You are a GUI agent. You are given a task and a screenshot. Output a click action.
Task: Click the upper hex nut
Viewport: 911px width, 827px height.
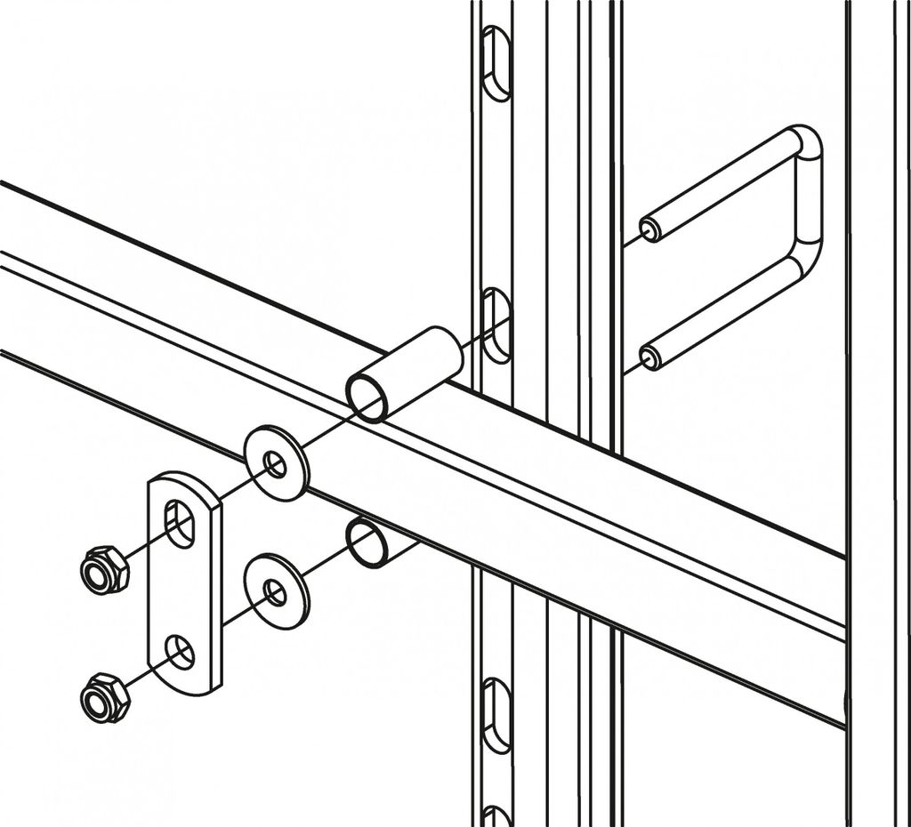(x=105, y=569)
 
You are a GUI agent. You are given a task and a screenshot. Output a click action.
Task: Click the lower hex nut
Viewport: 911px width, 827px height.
(x=105, y=698)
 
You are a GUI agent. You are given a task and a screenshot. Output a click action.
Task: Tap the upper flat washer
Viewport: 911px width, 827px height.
(x=276, y=462)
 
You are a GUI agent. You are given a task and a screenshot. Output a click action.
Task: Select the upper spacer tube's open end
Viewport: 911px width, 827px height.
(x=367, y=397)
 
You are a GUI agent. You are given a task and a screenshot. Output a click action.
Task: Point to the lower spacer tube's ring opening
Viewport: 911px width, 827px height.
(x=366, y=542)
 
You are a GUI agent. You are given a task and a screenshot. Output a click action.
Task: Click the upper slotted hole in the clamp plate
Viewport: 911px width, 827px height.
(x=181, y=523)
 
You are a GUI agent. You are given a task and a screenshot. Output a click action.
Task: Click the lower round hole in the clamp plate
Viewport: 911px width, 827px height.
(x=181, y=652)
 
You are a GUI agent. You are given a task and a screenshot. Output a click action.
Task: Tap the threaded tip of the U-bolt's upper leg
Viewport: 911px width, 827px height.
(x=650, y=229)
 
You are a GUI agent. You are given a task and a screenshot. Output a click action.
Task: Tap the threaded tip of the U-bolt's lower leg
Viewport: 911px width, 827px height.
(x=650, y=358)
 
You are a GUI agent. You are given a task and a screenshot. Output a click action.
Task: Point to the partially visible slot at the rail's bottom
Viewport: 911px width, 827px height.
(x=496, y=816)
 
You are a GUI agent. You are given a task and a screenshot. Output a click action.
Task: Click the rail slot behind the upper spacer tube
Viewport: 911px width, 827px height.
(x=495, y=325)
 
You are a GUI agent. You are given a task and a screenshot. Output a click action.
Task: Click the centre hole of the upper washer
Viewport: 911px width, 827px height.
(x=276, y=463)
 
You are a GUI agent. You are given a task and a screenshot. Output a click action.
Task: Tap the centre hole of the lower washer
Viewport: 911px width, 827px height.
(x=276, y=590)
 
